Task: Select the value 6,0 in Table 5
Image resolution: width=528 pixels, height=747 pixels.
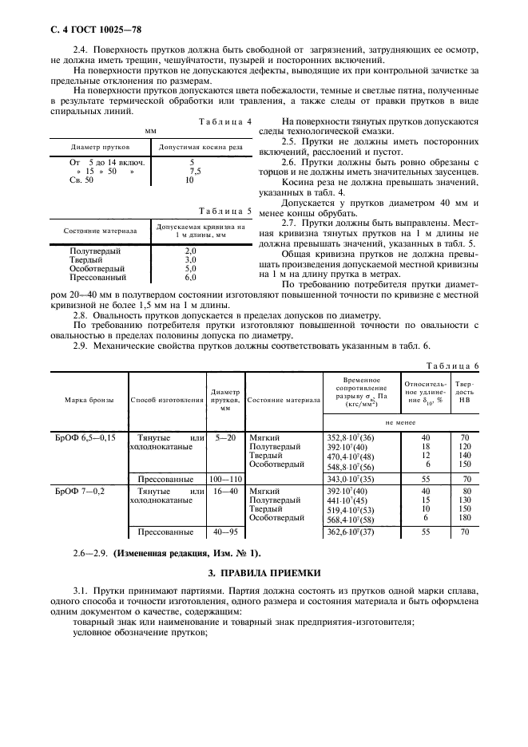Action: (x=190, y=278)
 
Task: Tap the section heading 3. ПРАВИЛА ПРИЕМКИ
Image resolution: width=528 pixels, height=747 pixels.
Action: (x=264, y=572)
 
